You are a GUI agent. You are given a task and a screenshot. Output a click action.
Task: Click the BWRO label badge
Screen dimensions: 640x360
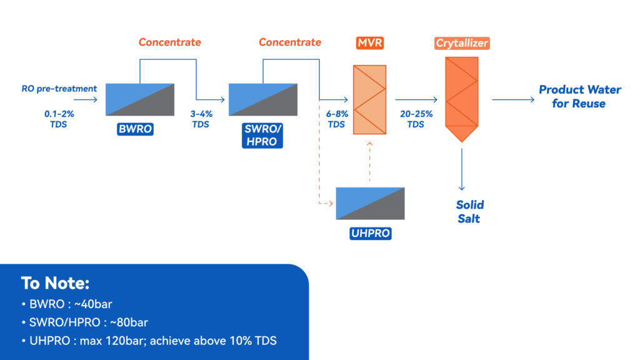[x=135, y=129]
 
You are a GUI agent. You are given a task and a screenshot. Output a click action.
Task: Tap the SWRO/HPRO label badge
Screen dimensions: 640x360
[x=262, y=136]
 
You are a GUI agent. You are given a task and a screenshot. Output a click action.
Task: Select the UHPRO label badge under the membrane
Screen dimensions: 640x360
[x=371, y=234]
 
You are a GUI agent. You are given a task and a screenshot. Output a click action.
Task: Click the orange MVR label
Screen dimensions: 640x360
[x=370, y=43]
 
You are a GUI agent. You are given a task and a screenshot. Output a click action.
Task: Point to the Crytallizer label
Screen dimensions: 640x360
[x=462, y=43]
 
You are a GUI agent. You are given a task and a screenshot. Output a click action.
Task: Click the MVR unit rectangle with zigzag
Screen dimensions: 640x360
[x=369, y=99]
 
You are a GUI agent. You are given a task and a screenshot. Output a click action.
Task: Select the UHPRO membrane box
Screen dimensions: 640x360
[x=370, y=203]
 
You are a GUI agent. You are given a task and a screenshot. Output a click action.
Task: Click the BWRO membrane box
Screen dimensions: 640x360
[x=140, y=99]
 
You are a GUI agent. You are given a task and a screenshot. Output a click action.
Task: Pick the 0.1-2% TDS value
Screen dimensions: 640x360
[x=59, y=119]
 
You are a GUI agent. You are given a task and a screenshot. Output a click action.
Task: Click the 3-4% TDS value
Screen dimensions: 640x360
[x=201, y=119]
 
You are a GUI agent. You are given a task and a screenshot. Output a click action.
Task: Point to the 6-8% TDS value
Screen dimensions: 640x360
[x=337, y=119]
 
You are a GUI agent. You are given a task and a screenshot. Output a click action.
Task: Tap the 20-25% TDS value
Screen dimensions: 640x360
[x=416, y=119]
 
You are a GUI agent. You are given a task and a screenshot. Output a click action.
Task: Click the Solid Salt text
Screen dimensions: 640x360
[x=470, y=211]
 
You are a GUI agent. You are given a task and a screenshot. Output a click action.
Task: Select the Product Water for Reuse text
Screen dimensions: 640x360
[x=579, y=96]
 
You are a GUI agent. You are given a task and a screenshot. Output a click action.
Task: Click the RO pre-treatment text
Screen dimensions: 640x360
[x=59, y=89]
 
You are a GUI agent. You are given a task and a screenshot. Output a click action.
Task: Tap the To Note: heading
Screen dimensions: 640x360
[x=55, y=283]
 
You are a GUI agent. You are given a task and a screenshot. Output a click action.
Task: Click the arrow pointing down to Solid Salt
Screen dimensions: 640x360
[x=462, y=169]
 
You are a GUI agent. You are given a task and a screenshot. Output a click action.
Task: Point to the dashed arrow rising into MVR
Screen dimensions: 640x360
[x=370, y=161]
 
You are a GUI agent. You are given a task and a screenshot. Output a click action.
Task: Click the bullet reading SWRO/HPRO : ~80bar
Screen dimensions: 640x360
[x=85, y=322]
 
